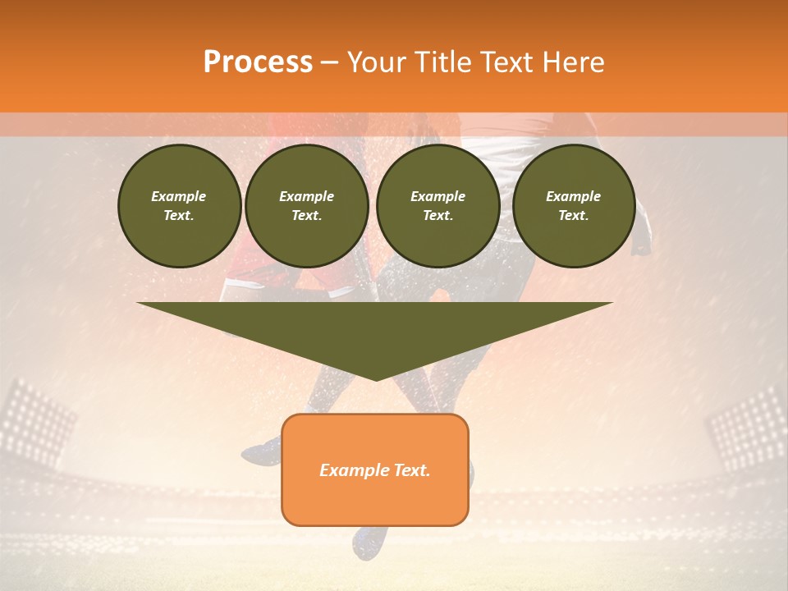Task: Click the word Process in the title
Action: point(258,62)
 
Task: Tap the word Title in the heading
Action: point(444,62)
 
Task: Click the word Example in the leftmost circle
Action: point(179,196)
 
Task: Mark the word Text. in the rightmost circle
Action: point(574,216)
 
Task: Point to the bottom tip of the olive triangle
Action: point(376,379)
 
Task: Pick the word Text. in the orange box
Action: point(413,470)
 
